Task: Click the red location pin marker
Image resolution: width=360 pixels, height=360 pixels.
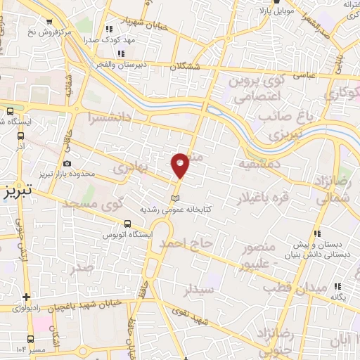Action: [181, 165]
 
